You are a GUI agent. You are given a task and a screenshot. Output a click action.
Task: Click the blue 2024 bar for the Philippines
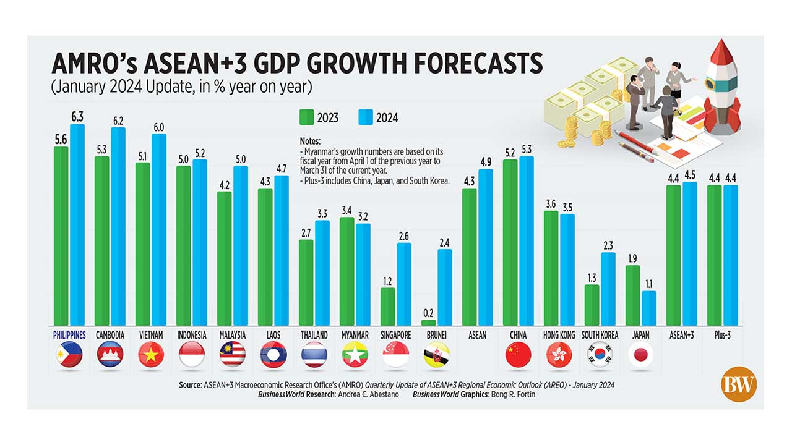(x=77, y=226)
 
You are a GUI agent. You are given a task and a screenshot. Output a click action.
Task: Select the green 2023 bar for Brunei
(x=428, y=323)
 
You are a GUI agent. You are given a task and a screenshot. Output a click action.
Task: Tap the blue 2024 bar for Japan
(x=648, y=308)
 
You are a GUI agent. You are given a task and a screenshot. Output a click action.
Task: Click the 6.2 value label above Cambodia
(x=118, y=121)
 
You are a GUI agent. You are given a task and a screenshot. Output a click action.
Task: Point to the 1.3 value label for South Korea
(x=592, y=278)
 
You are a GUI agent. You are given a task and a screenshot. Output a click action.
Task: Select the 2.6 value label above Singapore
(x=403, y=236)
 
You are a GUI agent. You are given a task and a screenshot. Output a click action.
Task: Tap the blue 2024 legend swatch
(x=366, y=117)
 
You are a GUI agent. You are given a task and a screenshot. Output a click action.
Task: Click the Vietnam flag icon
(x=150, y=355)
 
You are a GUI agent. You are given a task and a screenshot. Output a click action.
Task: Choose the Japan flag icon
(x=641, y=355)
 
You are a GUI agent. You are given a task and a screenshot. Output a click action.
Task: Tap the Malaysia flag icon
(x=232, y=355)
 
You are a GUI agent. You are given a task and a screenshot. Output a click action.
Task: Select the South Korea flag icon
(x=600, y=355)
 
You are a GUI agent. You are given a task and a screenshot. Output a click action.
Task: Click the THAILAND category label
(x=314, y=335)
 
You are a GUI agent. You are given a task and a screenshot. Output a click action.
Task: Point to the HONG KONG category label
(x=559, y=335)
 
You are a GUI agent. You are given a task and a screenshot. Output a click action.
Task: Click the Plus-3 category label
(x=722, y=335)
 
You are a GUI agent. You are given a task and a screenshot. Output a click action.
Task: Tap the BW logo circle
(x=739, y=384)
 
